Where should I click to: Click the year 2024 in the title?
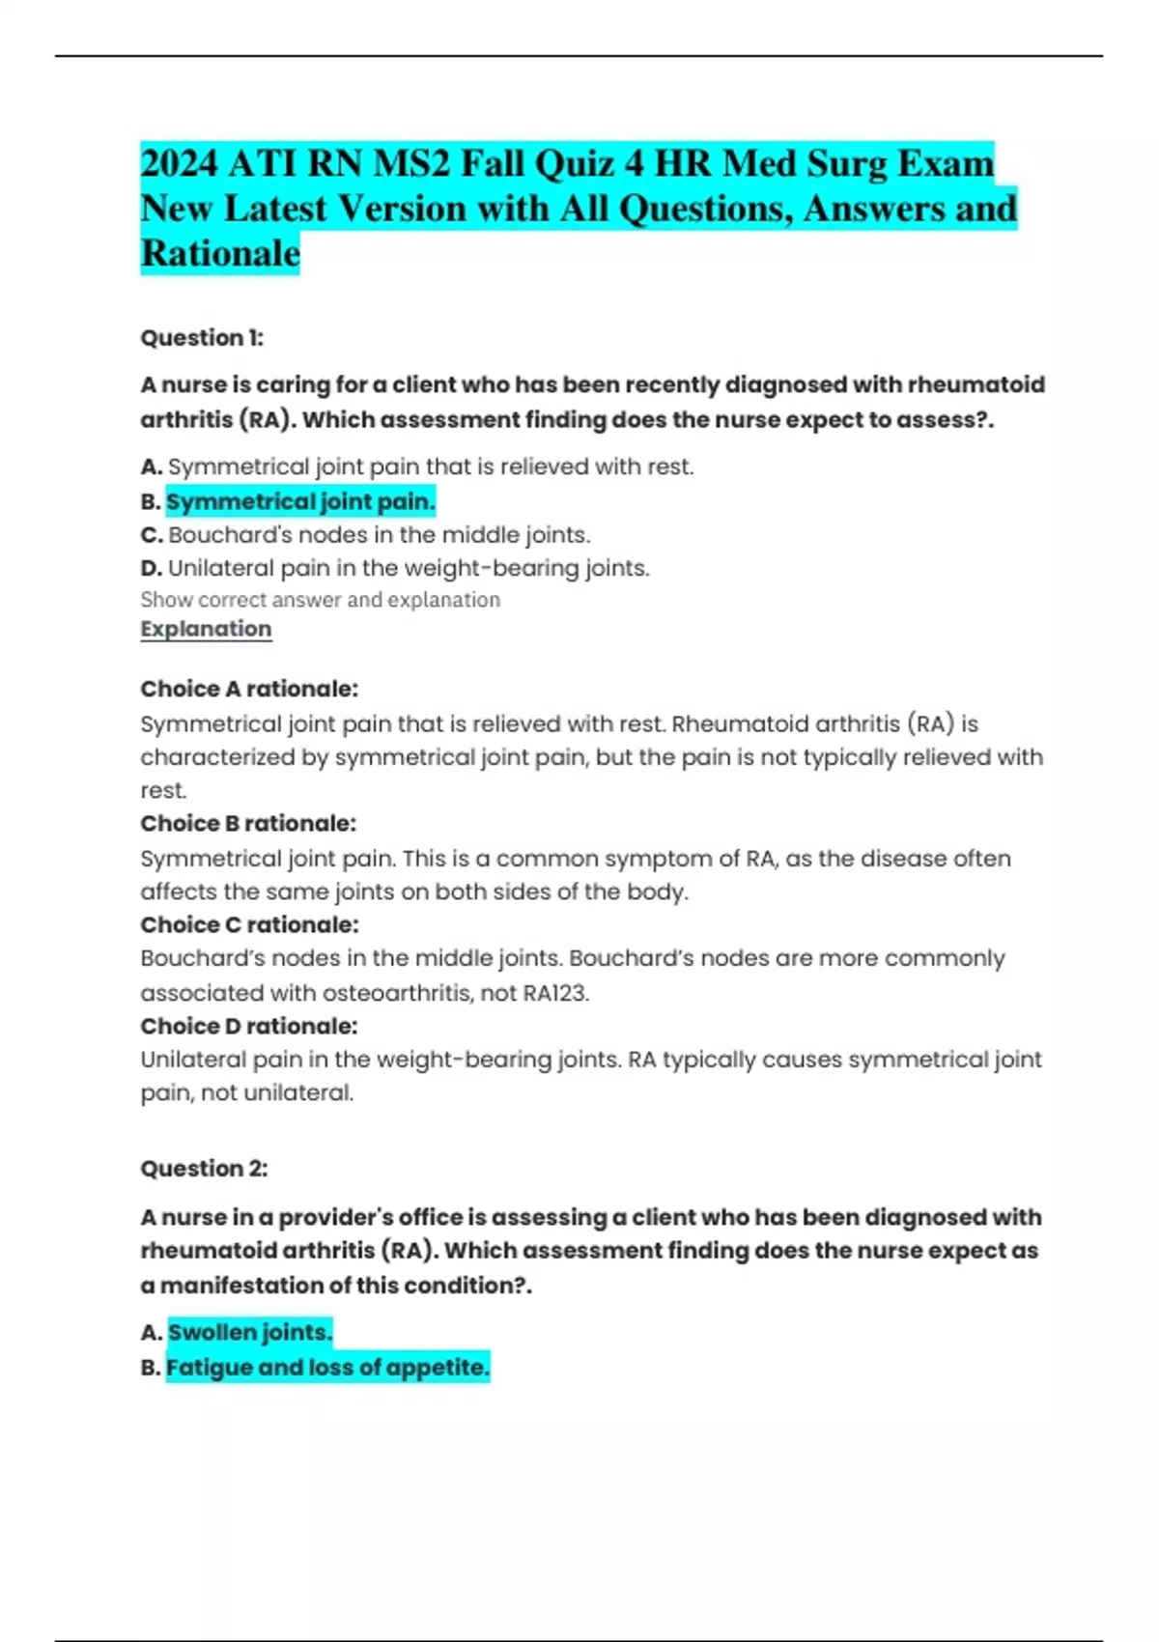(x=179, y=163)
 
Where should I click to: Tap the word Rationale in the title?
(x=220, y=253)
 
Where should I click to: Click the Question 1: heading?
(x=202, y=338)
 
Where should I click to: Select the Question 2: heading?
(x=204, y=1169)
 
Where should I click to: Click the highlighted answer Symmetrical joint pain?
(x=300, y=501)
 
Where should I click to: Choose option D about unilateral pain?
(x=395, y=568)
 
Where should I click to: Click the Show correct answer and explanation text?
(x=320, y=600)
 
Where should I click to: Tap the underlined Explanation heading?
(x=206, y=629)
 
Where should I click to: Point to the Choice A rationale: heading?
(x=249, y=689)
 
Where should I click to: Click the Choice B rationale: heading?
(x=248, y=823)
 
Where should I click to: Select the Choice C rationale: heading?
(x=249, y=924)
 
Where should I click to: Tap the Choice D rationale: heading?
(x=249, y=1026)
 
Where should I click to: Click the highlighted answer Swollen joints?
(x=250, y=1333)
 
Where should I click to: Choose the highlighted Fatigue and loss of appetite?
(x=327, y=1368)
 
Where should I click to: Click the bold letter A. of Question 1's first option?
(x=151, y=467)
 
